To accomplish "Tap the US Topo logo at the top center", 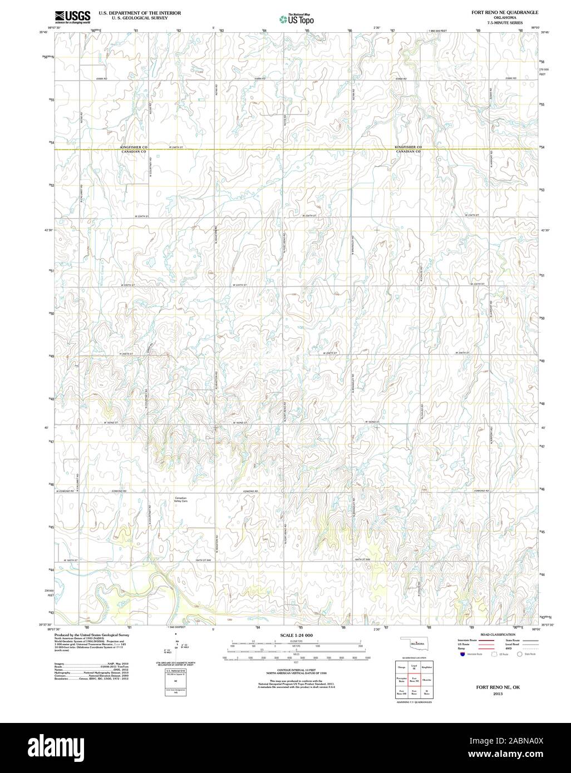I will tap(297, 20).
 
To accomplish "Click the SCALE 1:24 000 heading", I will tap(296, 635).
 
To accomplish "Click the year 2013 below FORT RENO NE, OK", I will tap(490, 694).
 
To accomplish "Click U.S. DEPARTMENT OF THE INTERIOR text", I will tap(133, 12).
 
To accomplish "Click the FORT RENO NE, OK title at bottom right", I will tap(490, 687).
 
